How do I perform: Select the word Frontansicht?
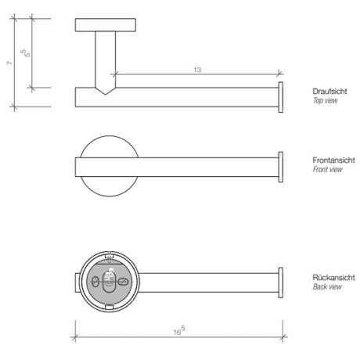point(333,160)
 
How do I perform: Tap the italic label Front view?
point(327,169)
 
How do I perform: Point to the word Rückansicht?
point(333,278)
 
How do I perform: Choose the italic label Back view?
point(326,287)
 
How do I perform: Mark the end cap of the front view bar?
point(279,165)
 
